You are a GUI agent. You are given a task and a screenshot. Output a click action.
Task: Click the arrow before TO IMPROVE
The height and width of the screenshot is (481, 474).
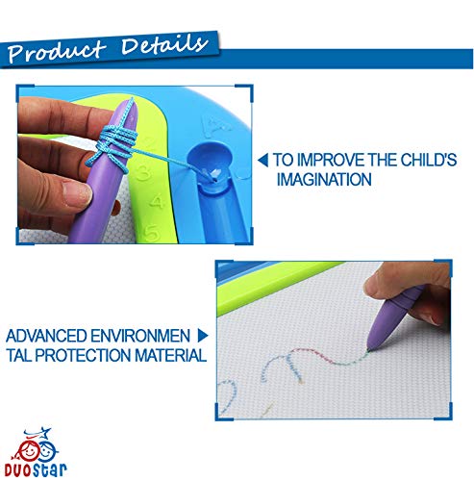tap(263, 160)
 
